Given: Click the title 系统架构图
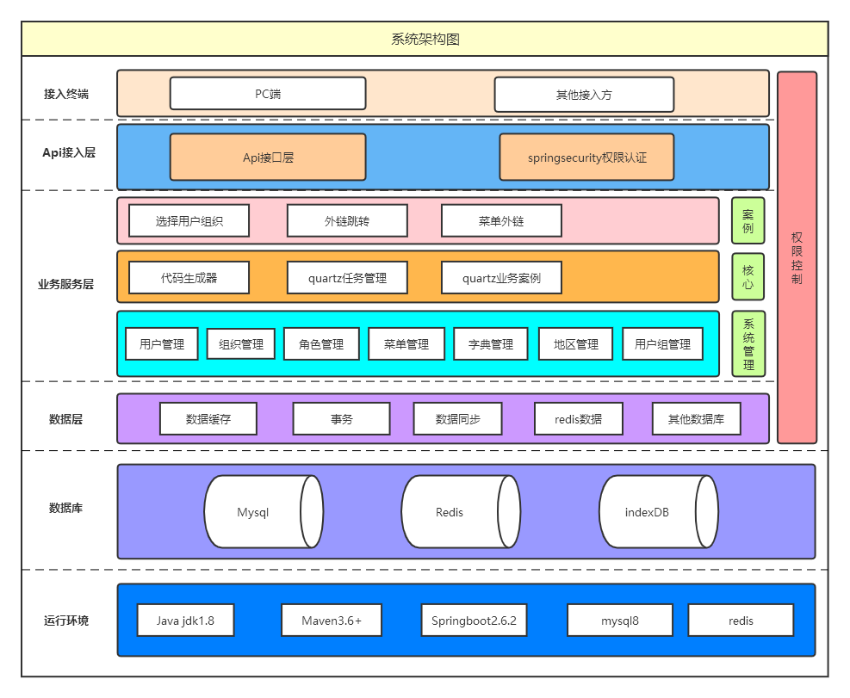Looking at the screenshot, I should coord(425,40).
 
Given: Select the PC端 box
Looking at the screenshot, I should coord(268,94).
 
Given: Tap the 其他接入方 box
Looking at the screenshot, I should coord(584,95).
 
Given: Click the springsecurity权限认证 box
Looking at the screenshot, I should coord(586,158).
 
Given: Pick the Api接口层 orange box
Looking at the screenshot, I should coord(268,158).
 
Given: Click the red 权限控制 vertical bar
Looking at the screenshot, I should coord(797,257).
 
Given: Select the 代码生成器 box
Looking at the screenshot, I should coord(189,278).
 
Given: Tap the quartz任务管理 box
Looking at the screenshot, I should coord(347,278).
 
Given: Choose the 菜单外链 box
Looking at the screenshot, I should coord(501,220).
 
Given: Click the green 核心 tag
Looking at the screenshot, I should coord(748,276).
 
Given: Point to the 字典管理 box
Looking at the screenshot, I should coord(491,344).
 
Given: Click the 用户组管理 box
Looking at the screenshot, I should coord(662,344).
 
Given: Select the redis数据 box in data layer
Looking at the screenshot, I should coord(579,419).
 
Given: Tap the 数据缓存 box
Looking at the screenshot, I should coord(208,419).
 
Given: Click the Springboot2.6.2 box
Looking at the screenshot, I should coord(474,621).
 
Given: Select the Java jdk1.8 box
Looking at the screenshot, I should coord(185,621).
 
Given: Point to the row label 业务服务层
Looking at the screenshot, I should coord(66,284).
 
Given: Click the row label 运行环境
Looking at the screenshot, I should coord(66,621).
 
